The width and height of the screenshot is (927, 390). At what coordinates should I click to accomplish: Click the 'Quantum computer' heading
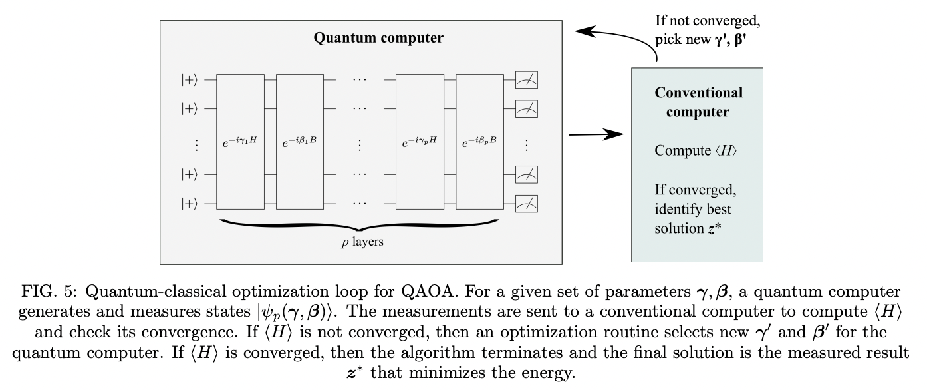[378, 38]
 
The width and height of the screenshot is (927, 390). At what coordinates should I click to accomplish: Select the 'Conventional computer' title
[698, 102]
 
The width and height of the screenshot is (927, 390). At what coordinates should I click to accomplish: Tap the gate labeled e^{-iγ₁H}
[241, 142]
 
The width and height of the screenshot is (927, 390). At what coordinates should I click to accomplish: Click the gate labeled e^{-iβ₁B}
[299, 142]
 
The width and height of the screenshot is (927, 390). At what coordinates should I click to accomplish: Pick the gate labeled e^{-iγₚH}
[420, 142]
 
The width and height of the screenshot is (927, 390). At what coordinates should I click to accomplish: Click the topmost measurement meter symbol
[526, 80]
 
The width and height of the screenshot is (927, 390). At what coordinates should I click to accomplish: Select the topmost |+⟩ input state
[190, 80]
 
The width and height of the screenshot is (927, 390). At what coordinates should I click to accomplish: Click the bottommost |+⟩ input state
[190, 204]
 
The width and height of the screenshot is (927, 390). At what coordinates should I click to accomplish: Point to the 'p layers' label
[362, 242]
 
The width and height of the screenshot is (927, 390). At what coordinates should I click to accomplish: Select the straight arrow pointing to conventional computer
[597, 135]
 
